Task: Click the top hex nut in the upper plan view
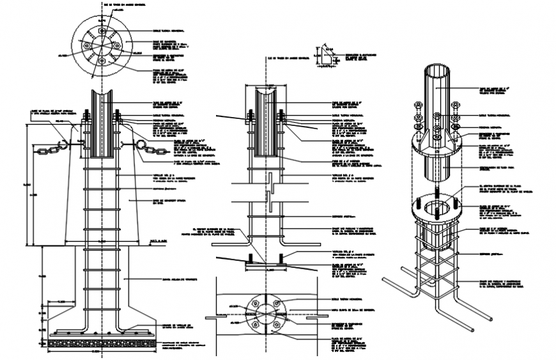[x=101, y=30]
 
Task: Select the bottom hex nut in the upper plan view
[x=101, y=61]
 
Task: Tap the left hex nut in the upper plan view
[x=86, y=45]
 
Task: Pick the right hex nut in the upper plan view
[x=116, y=45]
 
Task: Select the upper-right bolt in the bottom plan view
[x=276, y=303]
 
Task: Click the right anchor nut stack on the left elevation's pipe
[x=119, y=118]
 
